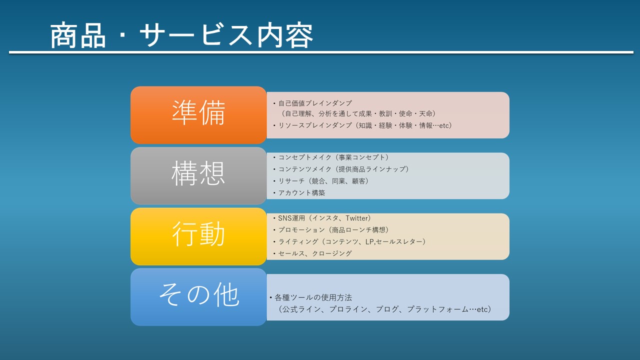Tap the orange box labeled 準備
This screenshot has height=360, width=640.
[198, 115]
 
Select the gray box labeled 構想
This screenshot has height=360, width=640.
[198, 175]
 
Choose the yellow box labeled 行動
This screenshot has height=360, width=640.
[198, 236]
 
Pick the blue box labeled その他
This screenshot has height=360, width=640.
[198, 297]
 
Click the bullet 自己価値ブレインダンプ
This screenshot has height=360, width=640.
[312, 103]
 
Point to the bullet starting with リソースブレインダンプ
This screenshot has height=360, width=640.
[362, 125]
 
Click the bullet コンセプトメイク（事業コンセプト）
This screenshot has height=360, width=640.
[331, 157]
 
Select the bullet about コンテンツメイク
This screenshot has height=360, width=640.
[341, 169]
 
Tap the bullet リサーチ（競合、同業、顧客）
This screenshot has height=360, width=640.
[321, 181]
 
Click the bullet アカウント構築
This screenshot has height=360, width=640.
[299, 193]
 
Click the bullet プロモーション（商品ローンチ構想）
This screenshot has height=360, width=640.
[331, 230]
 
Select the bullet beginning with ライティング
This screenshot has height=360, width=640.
[349, 241]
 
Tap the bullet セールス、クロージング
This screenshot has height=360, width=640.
[312, 253]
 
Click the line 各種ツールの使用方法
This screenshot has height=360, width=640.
[311, 297]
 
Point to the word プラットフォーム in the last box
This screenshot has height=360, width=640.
[437, 309]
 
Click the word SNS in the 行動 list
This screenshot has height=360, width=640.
[284, 218]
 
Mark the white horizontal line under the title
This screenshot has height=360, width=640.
[321, 52]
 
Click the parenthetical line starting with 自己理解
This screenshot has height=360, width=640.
[358, 113]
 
